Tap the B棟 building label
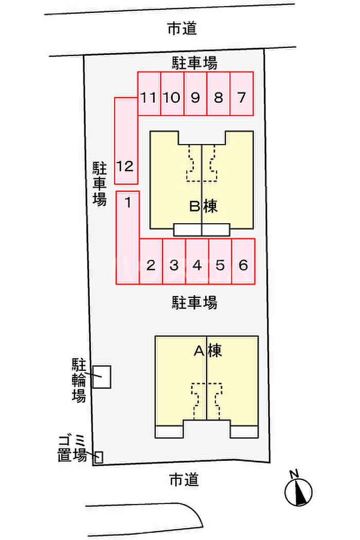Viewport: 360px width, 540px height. point(203,206)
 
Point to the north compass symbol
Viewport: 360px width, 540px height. point(298,491)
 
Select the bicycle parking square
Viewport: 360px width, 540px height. point(101,377)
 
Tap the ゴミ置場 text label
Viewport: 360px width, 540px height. point(73,448)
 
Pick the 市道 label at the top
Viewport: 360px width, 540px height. point(182,29)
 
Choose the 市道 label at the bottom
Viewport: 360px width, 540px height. point(184,480)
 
